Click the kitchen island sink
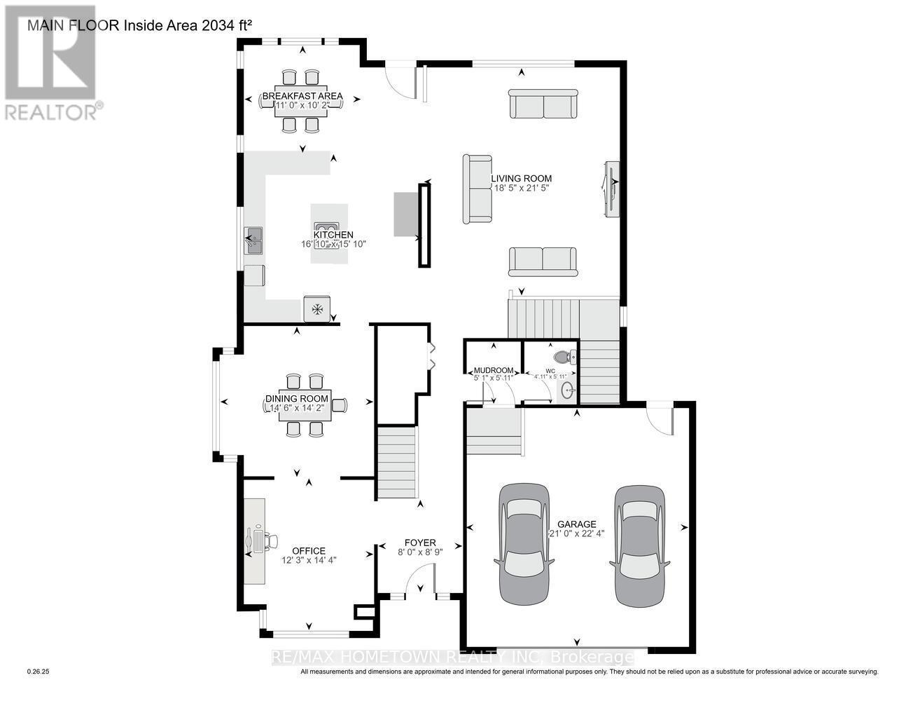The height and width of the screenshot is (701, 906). click(x=326, y=226)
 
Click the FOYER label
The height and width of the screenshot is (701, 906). click(x=420, y=543)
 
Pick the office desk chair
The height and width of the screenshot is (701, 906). click(x=263, y=540)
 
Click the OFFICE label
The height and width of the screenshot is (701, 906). click(x=309, y=551)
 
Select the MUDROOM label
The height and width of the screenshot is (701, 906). click(x=494, y=370)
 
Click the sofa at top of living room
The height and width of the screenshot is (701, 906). click(x=543, y=104)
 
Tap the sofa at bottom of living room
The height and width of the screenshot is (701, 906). click(x=543, y=261)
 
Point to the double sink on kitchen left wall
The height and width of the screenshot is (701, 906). click(x=253, y=240)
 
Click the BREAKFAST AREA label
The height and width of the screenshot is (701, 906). click(x=302, y=96)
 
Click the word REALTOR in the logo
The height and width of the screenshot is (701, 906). click(x=52, y=111)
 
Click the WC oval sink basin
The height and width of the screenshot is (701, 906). click(x=566, y=390)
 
